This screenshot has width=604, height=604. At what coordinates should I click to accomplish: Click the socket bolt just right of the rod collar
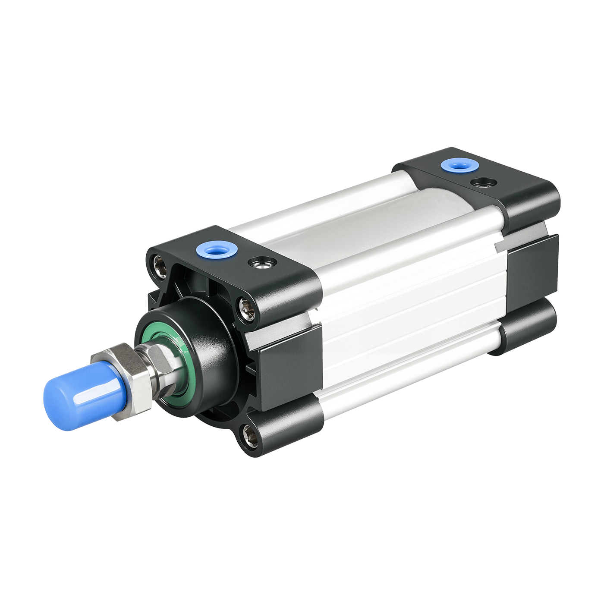coord(247,309)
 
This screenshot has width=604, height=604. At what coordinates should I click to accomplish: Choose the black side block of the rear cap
coord(533,267)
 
